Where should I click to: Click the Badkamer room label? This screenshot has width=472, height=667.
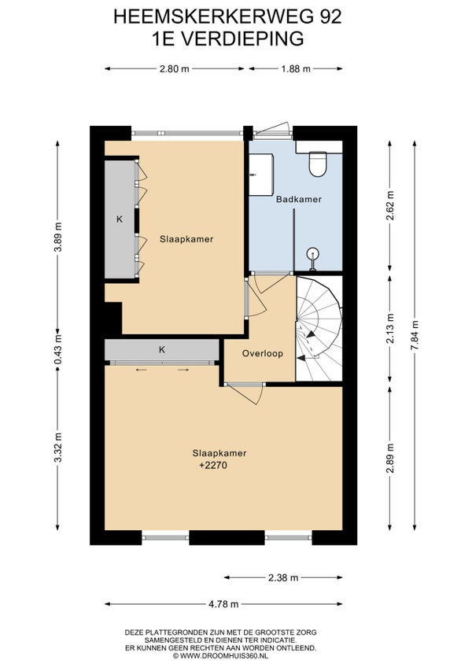pyautogui.click(x=298, y=199)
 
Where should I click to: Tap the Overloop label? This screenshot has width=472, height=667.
pyautogui.click(x=263, y=353)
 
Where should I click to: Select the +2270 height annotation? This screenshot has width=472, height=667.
pyautogui.click(x=213, y=466)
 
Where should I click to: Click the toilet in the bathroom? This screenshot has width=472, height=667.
pyautogui.click(x=318, y=164)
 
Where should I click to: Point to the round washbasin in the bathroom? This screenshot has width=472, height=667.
pyautogui.click(x=313, y=254)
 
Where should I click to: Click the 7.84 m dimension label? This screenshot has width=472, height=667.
pyautogui.click(x=414, y=335)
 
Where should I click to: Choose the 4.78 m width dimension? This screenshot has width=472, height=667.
pyautogui.click(x=223, y=604)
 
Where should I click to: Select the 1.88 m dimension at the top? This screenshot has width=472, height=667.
pyautogui.click(x=295, y=69)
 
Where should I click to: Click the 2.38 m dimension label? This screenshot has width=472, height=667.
pyautogui.click(x=283, y=577)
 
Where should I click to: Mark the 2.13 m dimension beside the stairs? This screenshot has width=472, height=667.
pyautogui.click(x=390, y=328)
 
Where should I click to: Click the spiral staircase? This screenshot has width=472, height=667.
pyautogui.click(x=319, y=329)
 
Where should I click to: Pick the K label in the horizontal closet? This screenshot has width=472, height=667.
pyautogui.click(x=162, y=350)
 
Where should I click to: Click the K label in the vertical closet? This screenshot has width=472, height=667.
pyautogui.click(x=120, y=219)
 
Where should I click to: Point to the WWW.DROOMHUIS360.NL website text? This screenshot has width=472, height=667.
pyautogui.click(x=224, y=656)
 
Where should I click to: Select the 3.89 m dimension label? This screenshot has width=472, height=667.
pyautogui.click(x=58, y=237)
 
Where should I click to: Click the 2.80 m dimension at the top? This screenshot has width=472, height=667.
pyautogui.click(x=175, y=69)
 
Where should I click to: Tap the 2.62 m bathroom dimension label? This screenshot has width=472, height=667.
pyautogui.click(x=390, y=206)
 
